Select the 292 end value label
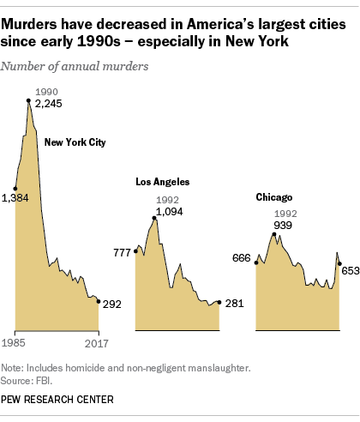click(x=112, y=303)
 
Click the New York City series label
click(x=75, y=142)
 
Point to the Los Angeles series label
click(x=163, y=182)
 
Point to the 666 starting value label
click(x=243, y=258)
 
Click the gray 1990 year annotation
click(x=46, y=91)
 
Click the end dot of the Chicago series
click(x=340, y=266)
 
